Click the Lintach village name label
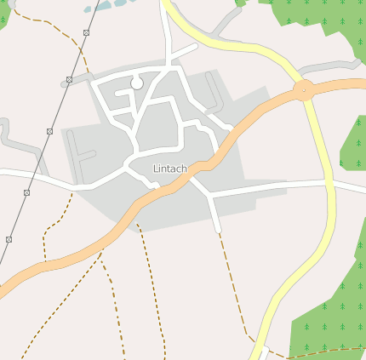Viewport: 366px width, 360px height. point(169,169)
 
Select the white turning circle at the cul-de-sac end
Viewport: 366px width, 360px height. point(136,83)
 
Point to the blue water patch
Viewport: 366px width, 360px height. point(106,5)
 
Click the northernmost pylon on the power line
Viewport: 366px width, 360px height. point(86,33)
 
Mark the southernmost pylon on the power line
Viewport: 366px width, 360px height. point(9,240)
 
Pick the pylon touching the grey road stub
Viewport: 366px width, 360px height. point(69,79)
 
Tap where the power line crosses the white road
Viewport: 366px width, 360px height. point(33,174)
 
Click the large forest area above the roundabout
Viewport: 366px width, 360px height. point(323,26)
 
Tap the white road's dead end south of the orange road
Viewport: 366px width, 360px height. point(218,229)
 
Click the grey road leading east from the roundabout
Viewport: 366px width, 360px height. point(336,65)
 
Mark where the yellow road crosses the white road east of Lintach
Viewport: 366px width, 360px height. point(328,182)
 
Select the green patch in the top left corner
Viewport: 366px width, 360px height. point(3,13)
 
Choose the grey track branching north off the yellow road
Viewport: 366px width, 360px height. point(226,23)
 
